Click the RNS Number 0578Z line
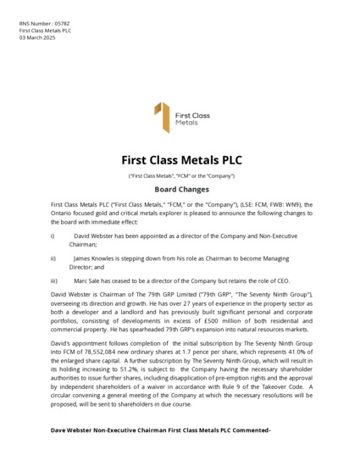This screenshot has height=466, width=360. [40, 24]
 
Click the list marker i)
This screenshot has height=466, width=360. [53, 236]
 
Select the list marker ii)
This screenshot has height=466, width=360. [53, 258]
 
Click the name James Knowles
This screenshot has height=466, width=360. [94, 258]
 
